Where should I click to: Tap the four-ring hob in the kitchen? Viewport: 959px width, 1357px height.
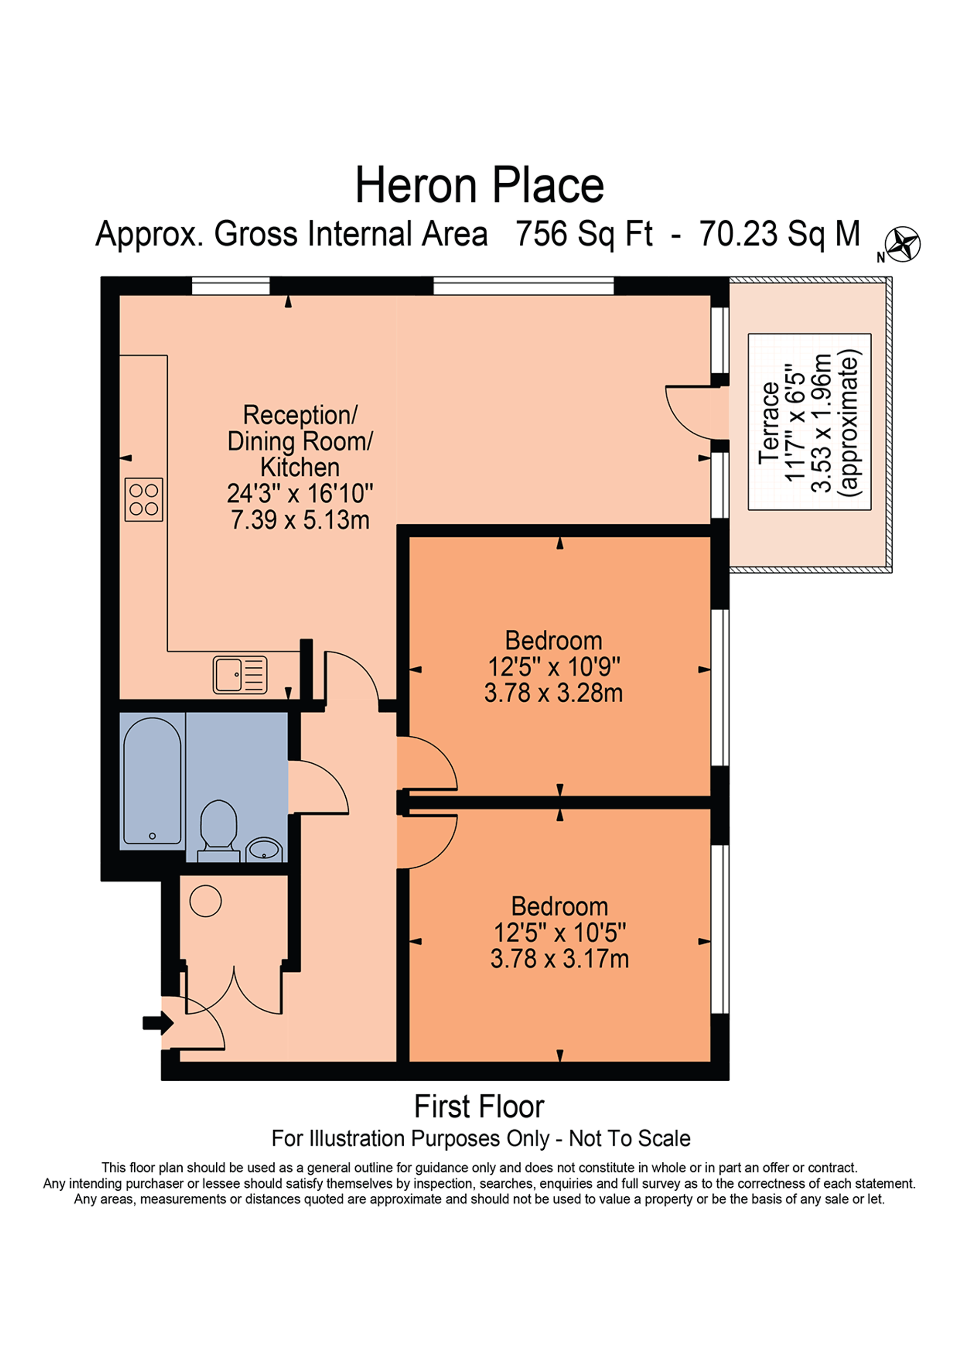(143, 499)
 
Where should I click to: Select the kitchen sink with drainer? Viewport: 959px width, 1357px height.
(240, 674)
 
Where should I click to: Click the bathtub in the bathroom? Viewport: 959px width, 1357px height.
(152, 781)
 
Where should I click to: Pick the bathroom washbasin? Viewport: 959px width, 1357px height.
(264, 850)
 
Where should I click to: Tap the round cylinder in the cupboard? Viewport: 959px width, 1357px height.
(206, 901)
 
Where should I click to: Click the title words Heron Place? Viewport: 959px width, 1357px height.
(479, 186)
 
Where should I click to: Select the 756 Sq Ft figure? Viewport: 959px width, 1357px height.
(584, 234)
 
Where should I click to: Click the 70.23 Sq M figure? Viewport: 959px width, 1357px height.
(780, 234)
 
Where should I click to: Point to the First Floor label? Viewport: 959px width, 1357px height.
(479, 1107)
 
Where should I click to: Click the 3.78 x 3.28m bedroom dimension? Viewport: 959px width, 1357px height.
(554, 693)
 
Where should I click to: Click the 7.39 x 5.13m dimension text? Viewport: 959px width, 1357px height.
(300, 519)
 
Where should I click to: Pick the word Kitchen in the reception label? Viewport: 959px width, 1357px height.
(300, 468)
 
